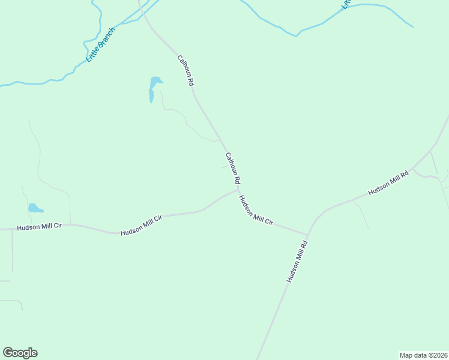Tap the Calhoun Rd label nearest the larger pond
click(185, 70)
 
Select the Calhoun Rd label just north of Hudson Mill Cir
click(233, 167)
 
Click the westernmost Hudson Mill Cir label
click(40, 227)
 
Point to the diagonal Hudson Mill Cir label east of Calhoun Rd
click(256, 211)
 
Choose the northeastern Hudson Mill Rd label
click(388, 182)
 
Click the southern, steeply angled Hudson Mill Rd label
click(297, 262)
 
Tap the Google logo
click(20, 353)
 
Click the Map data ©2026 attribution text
click(423, 355)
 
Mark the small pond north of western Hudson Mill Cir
click(34, 209)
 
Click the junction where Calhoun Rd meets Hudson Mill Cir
click(238, 190)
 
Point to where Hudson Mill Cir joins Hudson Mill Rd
click(307, 235)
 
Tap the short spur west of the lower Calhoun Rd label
click(224, 167)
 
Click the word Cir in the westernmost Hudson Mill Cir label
click(58, 227)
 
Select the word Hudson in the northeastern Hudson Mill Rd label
click(378, 188)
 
